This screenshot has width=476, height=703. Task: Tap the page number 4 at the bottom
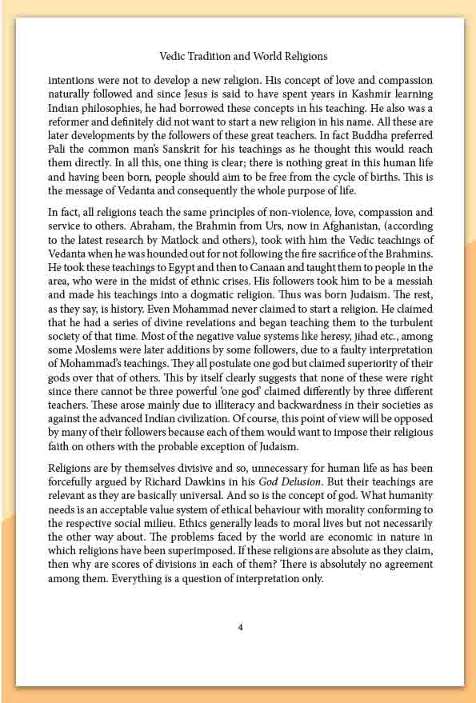(240, 626)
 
